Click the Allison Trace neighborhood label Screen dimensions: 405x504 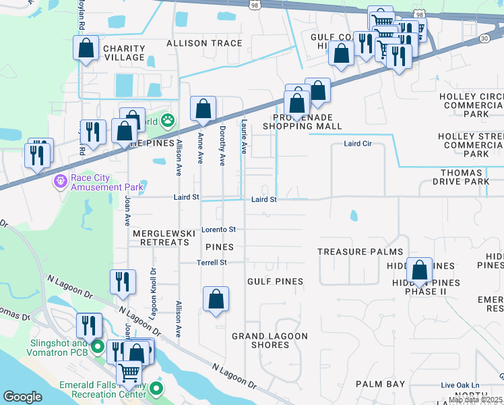[203, 43]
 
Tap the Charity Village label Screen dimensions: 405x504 [124, 53]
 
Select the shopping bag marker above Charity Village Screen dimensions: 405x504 [86, 49]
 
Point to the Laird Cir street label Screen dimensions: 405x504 [357, 144]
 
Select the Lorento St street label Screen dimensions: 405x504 [218, 230]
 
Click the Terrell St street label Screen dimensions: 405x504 [212, 262]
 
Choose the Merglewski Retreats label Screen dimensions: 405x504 [160, 238]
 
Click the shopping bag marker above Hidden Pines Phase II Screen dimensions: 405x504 [419, 271]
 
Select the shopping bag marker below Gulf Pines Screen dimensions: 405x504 [216, 300]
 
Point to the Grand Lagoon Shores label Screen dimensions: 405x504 [270, 340]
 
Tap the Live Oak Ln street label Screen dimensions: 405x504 [460, 385]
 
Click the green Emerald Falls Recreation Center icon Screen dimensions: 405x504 [156, 388]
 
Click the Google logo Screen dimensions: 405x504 [23, 397]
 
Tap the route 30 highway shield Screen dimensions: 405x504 [484, 39]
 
